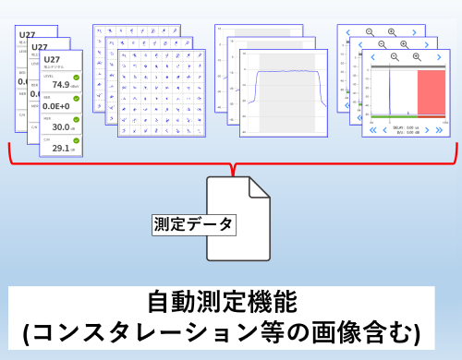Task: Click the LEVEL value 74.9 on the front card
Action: tap(61, 85)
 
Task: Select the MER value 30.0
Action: tap(62, 127)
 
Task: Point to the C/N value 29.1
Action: tap(62, 148)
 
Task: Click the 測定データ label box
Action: tap(192, 222)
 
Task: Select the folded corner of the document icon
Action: tap(259, 186)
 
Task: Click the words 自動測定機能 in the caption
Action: tap(230, 303)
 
